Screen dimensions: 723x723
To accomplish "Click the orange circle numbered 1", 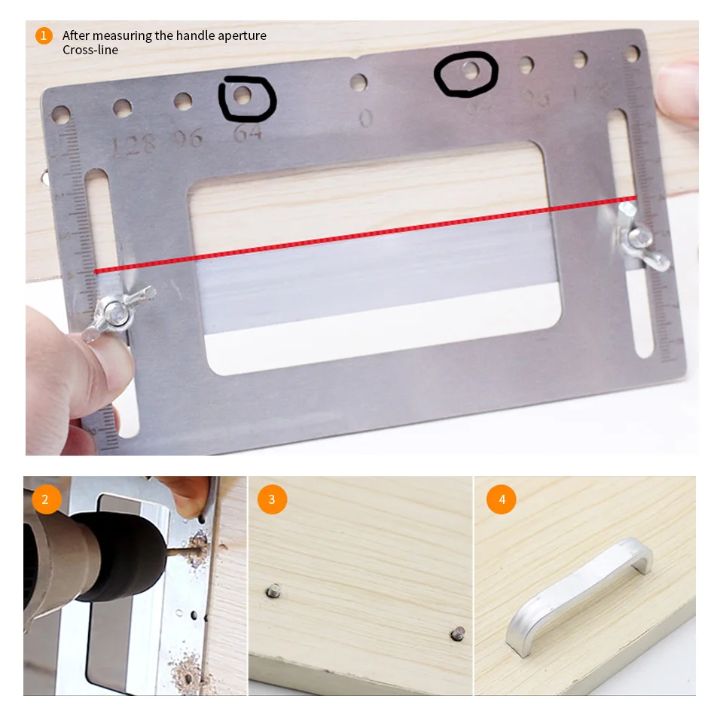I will (x=44, y=35).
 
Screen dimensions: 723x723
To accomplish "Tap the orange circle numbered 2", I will (x=46, y=499).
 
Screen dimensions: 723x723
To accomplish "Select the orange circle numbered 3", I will (x=272, y=499).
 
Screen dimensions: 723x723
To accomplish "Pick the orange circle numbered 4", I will (x=501, y=499).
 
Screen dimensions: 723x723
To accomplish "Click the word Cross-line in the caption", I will (x=90, y=50).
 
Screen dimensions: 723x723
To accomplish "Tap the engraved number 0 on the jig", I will (x=366, y=118).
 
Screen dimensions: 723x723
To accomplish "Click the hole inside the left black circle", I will (x=243, y=96).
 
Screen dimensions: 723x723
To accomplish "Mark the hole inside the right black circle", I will (x=471, y=72).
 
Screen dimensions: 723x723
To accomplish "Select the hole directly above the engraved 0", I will (x=359, y=82).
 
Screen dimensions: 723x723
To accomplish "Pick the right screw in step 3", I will (x=457, y=633).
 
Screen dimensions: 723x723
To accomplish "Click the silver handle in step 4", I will (x=580, y=587).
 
